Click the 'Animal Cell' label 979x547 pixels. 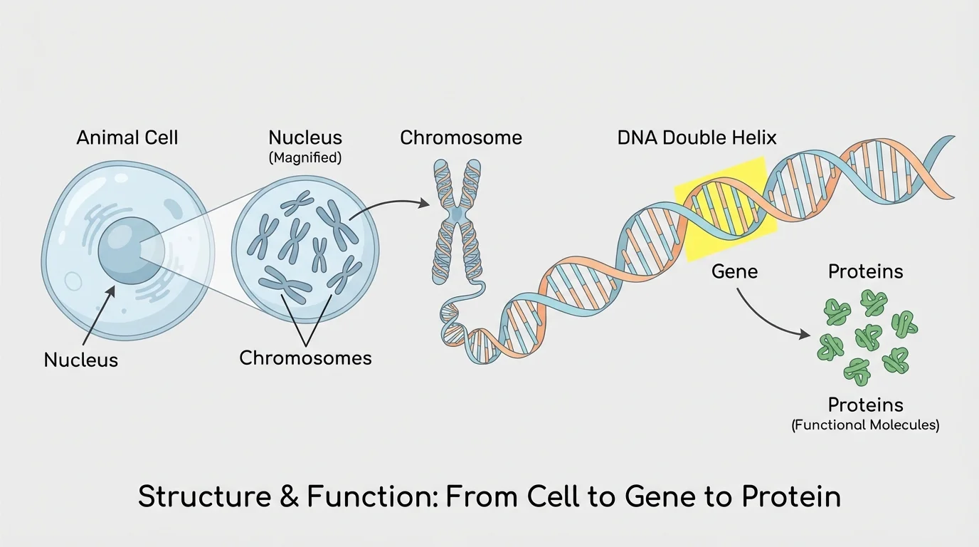[x=127, y=137]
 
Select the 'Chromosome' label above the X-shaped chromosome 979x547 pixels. [x=460, y=137]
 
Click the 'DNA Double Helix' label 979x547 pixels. [x=697, y=137]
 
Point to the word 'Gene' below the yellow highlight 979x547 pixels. [x=734, y=271]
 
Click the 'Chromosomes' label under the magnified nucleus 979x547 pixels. [x=305, y=357]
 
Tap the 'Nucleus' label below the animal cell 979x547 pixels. [x=80, y=360]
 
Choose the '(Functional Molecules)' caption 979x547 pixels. [x=865, y=425]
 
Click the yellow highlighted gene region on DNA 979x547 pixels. [x=723, y=207]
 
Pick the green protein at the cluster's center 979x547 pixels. [x=866, y=335]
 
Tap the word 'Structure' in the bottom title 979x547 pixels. [x=197, y=496]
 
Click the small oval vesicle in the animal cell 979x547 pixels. [x=73, y=282]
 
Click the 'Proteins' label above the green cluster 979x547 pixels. [x=865, y=271]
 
